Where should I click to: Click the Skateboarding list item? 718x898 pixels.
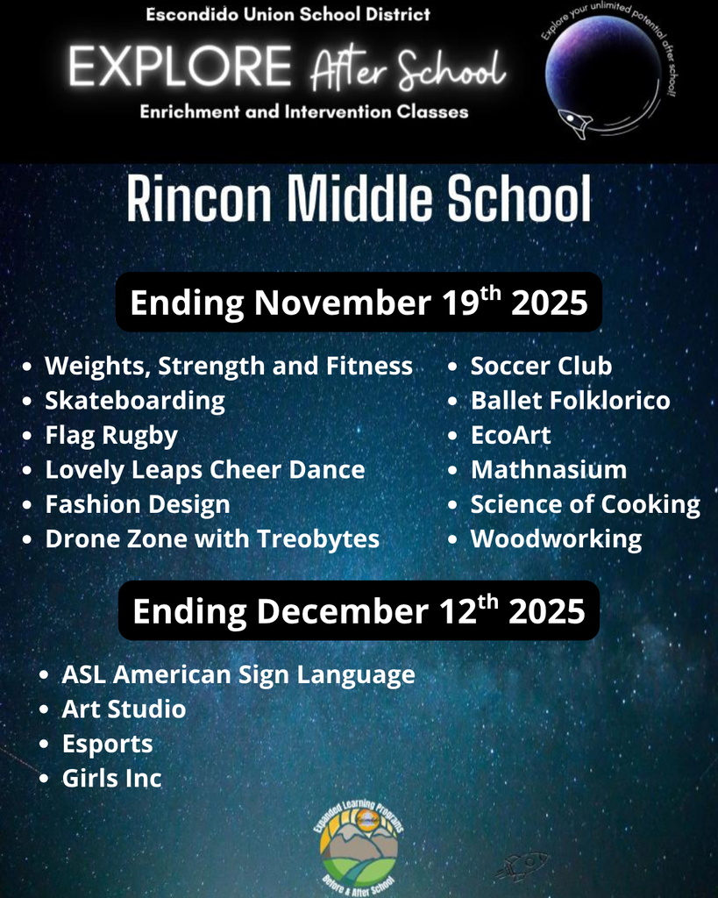[x=135, y=401]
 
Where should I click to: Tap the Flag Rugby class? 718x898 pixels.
[x=111, y=435]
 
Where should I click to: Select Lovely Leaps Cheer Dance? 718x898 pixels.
[x=204, y=469]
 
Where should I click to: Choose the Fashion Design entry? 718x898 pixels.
[x=138, y=504]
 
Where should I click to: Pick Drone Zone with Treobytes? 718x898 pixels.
[x=212, y=538]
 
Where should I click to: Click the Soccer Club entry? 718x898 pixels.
[x=541, y=366]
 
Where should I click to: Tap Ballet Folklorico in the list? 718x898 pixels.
[x=570, y=401]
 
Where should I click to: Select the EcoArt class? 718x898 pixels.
[x=510, y=435]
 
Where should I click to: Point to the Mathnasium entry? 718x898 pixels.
[x=549, y=469]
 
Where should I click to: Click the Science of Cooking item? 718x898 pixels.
[x=585, y=504]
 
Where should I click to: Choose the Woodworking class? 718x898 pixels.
[x=556, y=538]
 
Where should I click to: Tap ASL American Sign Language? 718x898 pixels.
[x=238, y=674]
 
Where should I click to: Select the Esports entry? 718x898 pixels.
[x=107, y=744]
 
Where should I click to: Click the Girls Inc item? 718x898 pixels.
[x=111, y=778]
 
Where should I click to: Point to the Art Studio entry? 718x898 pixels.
[x=124, y=709]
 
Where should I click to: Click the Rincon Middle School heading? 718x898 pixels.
[x=359, y=201]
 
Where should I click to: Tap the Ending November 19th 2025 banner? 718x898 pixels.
[x=359, y=303]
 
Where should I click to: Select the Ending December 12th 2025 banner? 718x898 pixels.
[x=359, y=610]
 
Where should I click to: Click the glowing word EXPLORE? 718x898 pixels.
[x=180, y=68]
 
